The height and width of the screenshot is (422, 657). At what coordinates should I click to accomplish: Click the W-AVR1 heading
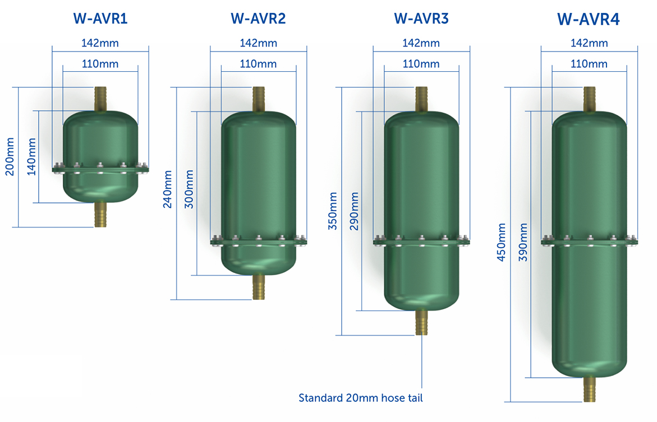point(100,18)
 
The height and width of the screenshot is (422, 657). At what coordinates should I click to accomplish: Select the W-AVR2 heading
point(258,18)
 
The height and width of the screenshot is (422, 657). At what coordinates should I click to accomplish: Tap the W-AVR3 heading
point(421,18)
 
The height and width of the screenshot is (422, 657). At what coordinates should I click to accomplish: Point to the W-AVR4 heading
point(589,20)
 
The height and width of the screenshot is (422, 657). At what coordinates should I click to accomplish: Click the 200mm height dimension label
point(10,157)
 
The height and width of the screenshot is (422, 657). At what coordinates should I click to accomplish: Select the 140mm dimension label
point(31,157)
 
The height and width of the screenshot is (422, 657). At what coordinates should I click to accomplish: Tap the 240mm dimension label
point(167,189)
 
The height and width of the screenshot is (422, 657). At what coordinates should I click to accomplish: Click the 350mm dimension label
point(333,211)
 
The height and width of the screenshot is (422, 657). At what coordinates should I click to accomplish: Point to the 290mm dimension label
point(354,211)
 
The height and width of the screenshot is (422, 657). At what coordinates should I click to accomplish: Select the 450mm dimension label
point(502,242)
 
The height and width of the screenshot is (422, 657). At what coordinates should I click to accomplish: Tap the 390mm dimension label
point(523,242)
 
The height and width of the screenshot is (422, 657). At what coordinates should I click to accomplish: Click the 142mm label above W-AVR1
point(100,43)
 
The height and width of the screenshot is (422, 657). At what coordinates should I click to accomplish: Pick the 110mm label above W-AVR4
point(589,64)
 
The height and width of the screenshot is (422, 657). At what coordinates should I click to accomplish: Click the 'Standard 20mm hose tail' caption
point(361,398)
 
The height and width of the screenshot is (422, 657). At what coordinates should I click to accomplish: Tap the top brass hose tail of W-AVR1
point(101,98)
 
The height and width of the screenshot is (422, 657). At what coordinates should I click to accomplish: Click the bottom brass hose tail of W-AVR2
point(259,287)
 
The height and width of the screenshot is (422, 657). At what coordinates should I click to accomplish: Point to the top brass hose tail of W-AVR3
point(421,99)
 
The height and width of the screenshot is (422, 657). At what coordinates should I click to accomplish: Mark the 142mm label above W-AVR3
point(421,43)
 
